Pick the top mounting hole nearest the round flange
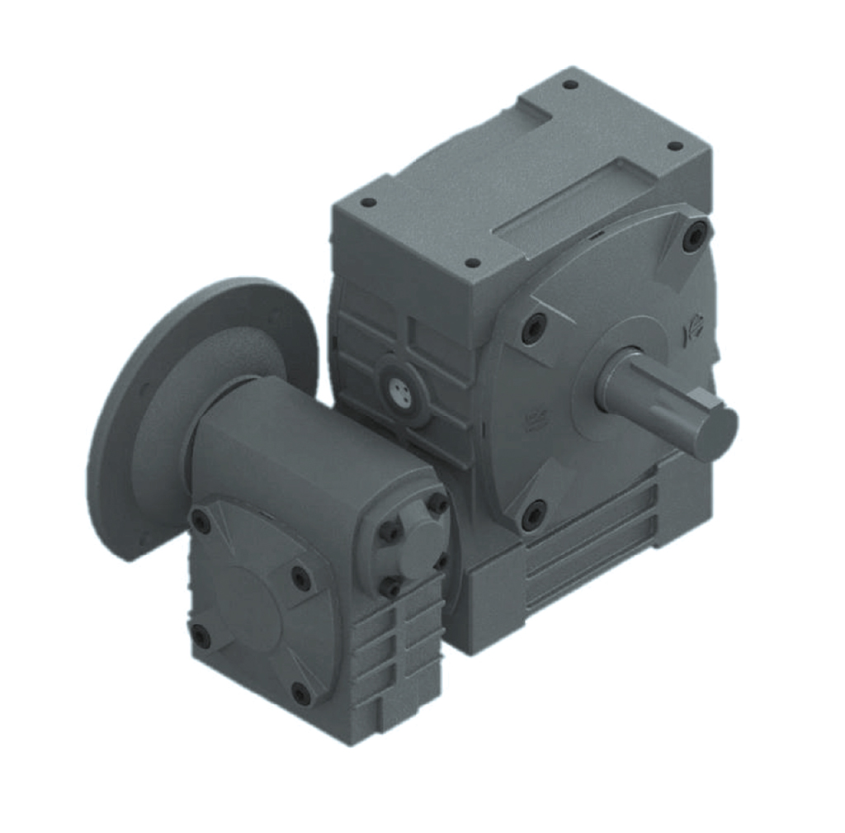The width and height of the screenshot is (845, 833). tap(369, 201)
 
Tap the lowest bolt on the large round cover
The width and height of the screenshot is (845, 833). tap(534, 514)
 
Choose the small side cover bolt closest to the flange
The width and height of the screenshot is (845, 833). tap(201, 520)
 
